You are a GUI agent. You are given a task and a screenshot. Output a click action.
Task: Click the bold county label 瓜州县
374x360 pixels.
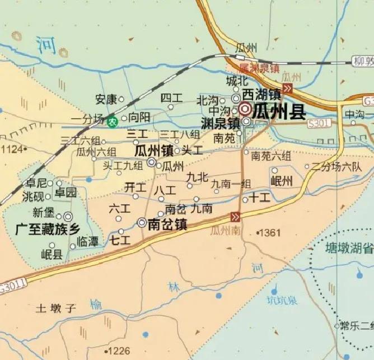coord(278,111)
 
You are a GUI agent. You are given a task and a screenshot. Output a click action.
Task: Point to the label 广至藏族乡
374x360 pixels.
coord(49,229)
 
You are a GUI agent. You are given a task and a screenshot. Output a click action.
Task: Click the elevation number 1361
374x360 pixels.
coord(270,232)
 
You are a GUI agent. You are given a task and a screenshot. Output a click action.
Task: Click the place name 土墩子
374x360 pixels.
coord(55,307)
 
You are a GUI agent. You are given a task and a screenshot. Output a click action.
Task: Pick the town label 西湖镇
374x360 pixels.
coord(262,94)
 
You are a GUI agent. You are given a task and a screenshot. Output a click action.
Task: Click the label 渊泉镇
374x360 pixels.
coord(220,123)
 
